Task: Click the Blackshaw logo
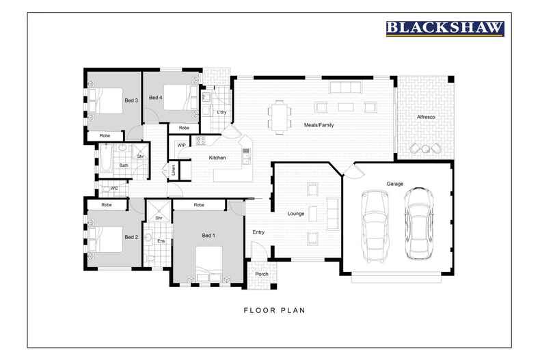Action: pyautogui.click(x=445, y=29)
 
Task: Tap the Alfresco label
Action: pyautogui.click(x=426, y=117)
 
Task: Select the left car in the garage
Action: pyautogui.click(x=375, y=226)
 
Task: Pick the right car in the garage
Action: pyautogui.click(x=418, y=223)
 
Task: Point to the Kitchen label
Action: pyautogui.click(x=217, y=158)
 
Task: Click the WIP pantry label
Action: pyautogui.click(x=182, y=146)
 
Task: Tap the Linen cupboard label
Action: pyautogui.click(x=173, y=169)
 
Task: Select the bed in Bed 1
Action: pyautogui.click(x=209, y=265)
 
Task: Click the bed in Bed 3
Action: pyautogui.click(x=105, y=100)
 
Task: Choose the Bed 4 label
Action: pyautogui.click(x=155, y=98)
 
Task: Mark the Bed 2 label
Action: pyautogui.click(x=131, y=237)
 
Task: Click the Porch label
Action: pyautogui.click(x=262, y=274)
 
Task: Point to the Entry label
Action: pyautogui.click(x=258, y=232)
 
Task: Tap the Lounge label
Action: pyautogui.click(x=296, y=214)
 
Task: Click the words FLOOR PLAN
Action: pyautogui.click(x=275, y=310)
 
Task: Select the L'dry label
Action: pyautogui.click(x=221, y=112)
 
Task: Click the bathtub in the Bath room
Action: pyautogui.click(x=106, y=160)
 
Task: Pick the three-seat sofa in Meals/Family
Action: pyautogui.click(x=345, y=87)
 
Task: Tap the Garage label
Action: pyautogui.click(x=394, y=184)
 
